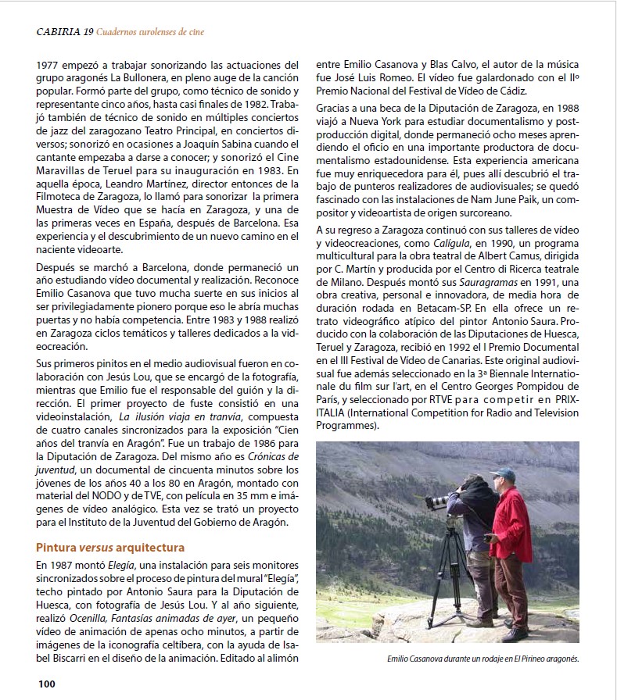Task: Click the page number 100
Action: pos(46,684)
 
